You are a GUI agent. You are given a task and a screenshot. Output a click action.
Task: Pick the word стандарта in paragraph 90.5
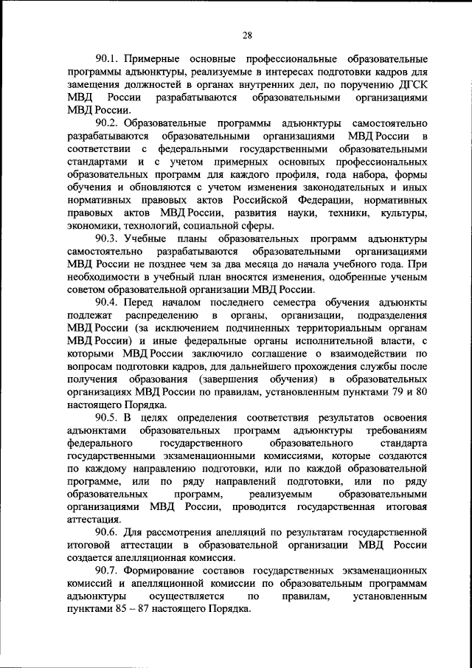[x=405, y=444]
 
